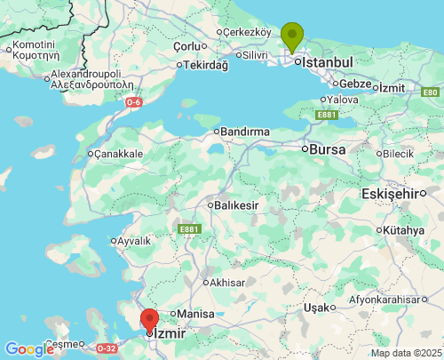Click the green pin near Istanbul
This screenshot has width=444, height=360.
(292, 36)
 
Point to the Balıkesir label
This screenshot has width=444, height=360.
(236, 205)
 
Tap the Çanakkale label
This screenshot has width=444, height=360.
(118, 154)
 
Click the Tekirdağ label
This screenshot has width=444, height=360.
(205, 65)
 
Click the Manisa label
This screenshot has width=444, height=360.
(196, 314)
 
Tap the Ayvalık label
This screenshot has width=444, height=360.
(133, 240)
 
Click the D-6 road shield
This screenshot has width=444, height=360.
(132, 103)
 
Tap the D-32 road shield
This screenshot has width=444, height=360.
(107, 348)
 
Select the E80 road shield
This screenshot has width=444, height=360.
(431, 92)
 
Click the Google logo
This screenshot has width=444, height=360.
(29, 349)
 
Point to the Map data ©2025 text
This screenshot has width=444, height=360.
(405, 353)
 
